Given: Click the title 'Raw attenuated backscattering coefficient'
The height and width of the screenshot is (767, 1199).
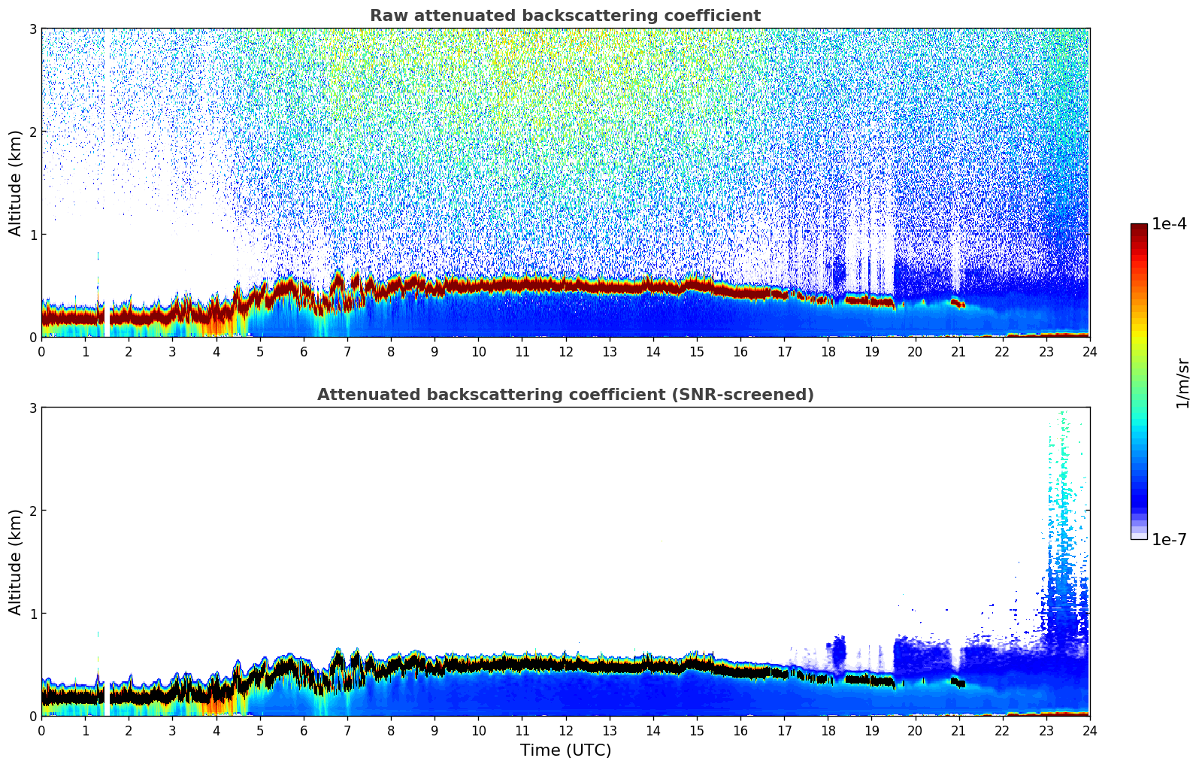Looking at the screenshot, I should [565, 16].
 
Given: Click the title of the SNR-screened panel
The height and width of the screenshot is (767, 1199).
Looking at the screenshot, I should [565, 395].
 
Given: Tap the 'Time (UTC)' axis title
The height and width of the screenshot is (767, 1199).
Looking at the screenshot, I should [565, 750].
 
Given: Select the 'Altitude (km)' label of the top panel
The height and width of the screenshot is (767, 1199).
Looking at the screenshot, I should [15, 183].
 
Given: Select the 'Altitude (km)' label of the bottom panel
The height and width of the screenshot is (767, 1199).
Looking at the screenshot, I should [15, 562].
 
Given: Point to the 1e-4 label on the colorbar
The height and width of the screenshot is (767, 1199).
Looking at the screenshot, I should [1169, 224].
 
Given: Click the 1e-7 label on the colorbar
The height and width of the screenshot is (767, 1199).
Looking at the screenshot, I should [1169, 539].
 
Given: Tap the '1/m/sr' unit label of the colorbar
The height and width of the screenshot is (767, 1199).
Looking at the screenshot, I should [1182, 383].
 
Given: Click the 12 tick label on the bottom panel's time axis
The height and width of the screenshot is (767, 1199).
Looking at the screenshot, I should [565, 730].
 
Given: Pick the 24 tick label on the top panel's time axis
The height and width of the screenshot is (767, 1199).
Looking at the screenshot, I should [1089, 351].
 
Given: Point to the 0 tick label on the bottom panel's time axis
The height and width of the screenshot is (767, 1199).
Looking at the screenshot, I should [41, 730].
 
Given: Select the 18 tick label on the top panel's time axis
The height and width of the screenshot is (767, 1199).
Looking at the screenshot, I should [828, 351].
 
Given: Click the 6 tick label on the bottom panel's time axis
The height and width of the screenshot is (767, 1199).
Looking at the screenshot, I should [304, 730].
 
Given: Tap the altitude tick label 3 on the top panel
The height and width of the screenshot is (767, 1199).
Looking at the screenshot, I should [33, 29].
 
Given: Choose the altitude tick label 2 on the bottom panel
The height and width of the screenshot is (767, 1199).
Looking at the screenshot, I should [33, 511].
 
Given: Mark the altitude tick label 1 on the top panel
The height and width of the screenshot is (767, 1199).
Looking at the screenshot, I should [33, 235].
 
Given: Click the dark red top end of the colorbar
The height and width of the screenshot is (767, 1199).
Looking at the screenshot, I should [1138, 228].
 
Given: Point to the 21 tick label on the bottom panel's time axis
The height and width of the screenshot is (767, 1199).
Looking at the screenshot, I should [958, 730].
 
